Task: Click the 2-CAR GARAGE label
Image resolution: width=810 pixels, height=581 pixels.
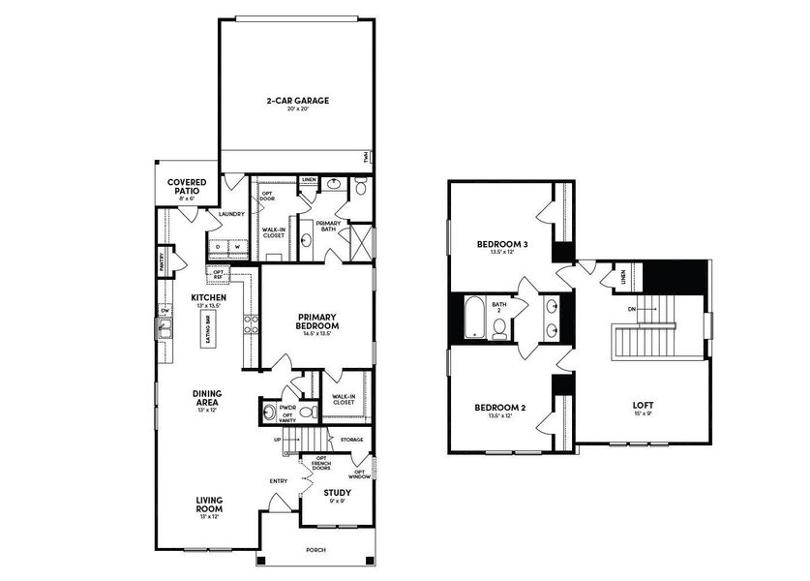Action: point(296,101)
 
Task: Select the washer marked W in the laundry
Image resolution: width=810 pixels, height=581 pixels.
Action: point(236,247)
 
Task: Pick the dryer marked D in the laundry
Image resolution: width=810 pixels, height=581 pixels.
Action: point(218,247)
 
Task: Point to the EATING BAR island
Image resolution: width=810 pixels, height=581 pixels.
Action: point(208,329)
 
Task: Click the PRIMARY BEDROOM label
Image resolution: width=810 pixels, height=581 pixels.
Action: point(316,321)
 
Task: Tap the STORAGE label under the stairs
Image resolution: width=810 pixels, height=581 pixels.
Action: point(352,440)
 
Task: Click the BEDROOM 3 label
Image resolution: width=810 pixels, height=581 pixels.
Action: point(501,246)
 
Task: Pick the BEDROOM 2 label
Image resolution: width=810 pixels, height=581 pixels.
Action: point(499,409)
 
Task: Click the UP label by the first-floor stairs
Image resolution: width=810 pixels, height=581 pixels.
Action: point(280,439)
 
